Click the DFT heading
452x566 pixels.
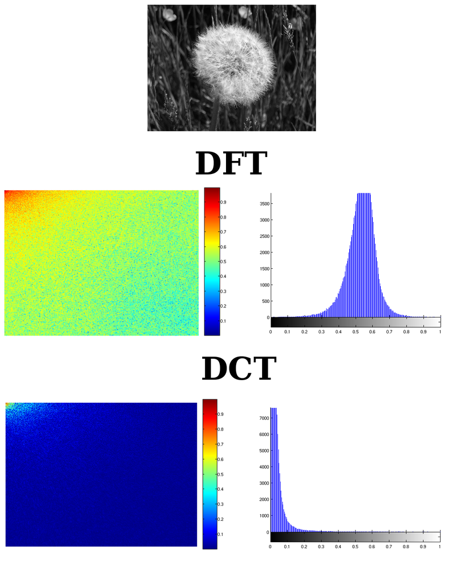coord(230,163)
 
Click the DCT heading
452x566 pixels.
coord(238,369)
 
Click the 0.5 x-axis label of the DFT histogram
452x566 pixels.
coord(355,332)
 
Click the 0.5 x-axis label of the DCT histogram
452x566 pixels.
coord(355,547)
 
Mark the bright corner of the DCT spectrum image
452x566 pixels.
coord(9,406)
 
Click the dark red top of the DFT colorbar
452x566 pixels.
coord(211,190)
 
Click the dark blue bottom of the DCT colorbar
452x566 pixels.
coord(210,545)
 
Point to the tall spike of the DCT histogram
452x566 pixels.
coord(273,418)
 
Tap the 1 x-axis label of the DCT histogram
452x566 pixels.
coord(440,547)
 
